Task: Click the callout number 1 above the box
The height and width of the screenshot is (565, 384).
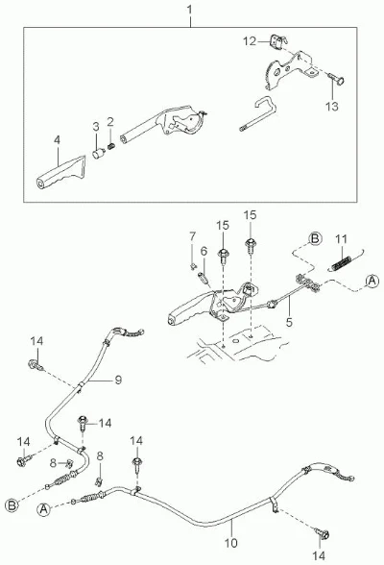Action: [x=190, y=10]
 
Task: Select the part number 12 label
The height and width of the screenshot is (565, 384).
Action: [x=249, y=41]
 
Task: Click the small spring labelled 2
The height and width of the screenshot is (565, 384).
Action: [x=111, y=147]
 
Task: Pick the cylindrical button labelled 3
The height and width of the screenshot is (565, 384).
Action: [x=98, y=154]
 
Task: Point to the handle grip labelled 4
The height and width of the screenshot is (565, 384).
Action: [x=60, y=173]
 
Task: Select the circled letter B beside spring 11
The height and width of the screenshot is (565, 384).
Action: [x=315, y=239]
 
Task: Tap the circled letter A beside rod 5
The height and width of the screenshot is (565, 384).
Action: [x=372, y=281]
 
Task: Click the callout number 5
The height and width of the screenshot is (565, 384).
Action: [x=289, y=322]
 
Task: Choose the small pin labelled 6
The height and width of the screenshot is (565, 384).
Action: [x=204, y=279]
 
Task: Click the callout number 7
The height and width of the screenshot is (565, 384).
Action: [x=193, y=236]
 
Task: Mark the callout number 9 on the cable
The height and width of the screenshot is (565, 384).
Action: [x=118, y=380]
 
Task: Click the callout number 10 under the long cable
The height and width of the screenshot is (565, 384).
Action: [x=231, y=543]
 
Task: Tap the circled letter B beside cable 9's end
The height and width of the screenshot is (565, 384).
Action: [x=12, y=505]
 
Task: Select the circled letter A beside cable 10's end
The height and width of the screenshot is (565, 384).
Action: [x=43, y=509]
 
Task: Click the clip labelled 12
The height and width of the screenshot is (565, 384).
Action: [x=277, y=41]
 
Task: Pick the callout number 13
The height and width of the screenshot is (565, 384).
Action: [x=331, y=107]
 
